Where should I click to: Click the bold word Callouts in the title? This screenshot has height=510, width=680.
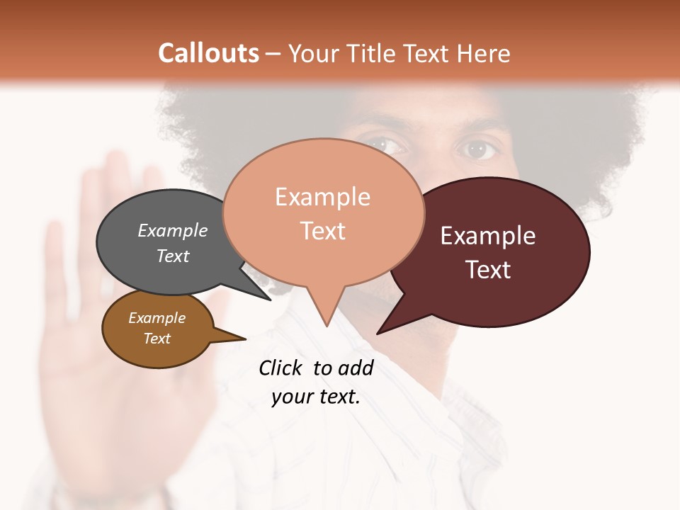tap(208, 53)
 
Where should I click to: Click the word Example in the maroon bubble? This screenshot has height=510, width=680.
tap(488, 236)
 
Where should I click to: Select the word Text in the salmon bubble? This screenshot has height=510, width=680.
tap(323, 231)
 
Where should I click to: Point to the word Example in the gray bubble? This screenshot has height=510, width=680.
tap(173, 230)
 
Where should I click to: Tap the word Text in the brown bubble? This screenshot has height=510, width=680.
tap(157, 339)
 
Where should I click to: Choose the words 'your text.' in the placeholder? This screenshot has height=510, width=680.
tap(316, 397)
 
